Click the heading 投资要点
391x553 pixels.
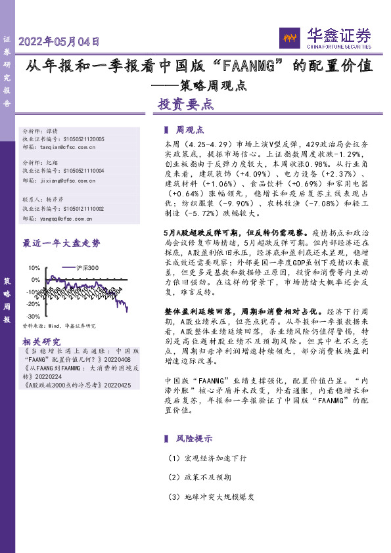(x=185, y=104)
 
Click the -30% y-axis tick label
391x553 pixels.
(x=33, y=317)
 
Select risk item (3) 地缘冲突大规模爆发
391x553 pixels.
(x=210, y=497)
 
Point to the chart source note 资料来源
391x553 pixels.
(x=60, y=326)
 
